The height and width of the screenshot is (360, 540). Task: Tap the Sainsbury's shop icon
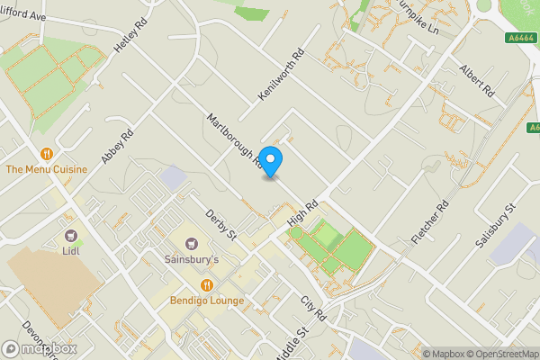point(191,244)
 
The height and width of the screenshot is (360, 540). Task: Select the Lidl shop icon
point(71,235)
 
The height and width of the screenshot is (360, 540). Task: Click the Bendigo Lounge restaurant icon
point(207,285)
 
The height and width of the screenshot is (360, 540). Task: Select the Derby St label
point(220,225)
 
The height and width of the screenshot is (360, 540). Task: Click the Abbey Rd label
point(117,147)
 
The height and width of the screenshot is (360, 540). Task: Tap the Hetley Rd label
point(129,34)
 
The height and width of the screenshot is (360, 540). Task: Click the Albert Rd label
point(477,80)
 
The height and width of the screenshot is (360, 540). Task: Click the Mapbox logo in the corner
point(38,348)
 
